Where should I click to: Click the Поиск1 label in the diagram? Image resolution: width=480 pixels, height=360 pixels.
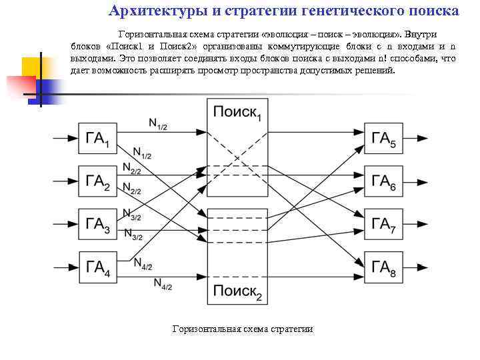pyautogui.click(x=237, y=113)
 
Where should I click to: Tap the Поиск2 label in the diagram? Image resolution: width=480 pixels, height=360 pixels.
pyautogui.click(x=237, y=291)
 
